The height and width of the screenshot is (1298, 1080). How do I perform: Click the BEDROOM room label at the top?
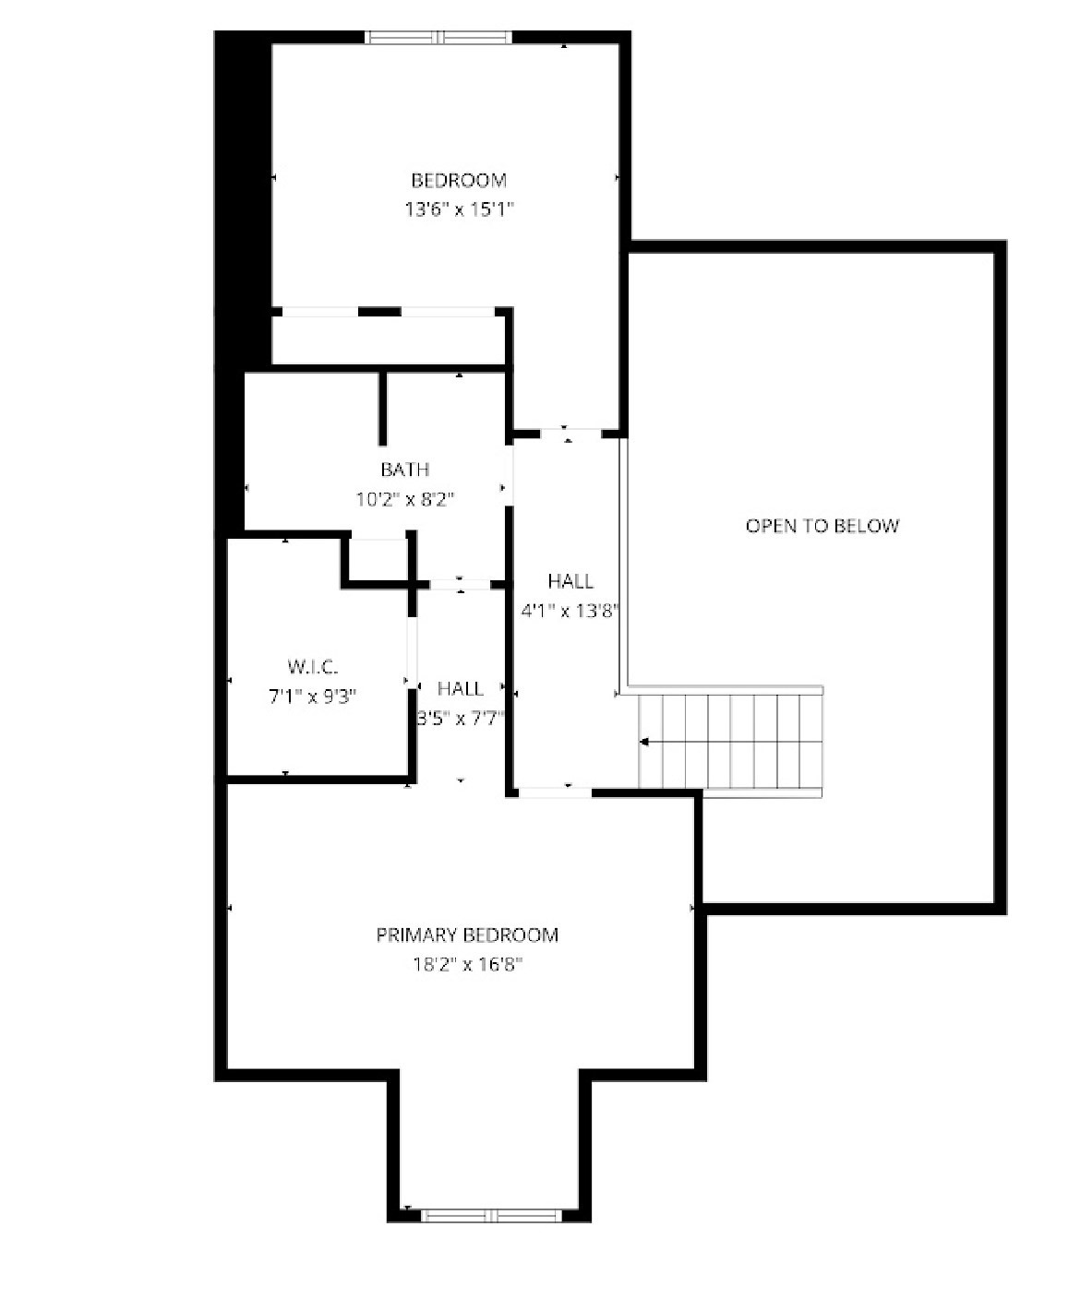(459, 180)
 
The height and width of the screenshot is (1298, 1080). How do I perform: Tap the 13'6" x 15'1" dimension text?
(459, 209)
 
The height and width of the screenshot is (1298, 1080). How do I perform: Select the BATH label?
(404, 470)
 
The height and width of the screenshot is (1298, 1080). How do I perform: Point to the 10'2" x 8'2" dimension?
(405, 500)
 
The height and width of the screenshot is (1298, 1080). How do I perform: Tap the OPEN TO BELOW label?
(822, 526)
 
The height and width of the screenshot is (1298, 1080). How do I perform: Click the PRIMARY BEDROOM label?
(467, 935)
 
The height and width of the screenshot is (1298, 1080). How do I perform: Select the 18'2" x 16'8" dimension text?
(467, 965)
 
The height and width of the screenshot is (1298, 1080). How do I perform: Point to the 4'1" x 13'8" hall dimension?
(569, 611)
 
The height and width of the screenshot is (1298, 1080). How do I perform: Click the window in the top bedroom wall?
(438, 38)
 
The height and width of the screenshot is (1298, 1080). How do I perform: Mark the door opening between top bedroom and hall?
(568, 432)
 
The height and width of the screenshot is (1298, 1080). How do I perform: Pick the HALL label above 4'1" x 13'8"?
(570, 581)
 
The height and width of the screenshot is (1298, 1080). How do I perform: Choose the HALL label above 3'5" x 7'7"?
(460, 688)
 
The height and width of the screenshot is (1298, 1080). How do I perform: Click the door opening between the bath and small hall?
(460, 584)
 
